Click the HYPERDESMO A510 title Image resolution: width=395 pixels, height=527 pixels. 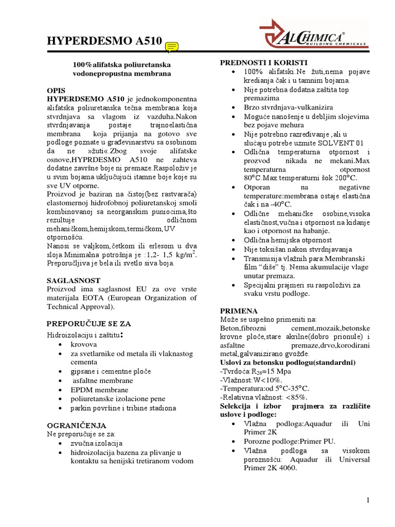coord(104,41)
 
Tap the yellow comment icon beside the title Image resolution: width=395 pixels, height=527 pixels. coord(172,47)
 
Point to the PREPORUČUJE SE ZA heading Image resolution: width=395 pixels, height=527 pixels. coord(89,324)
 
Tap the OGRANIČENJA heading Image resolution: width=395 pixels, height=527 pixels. coord(77,426)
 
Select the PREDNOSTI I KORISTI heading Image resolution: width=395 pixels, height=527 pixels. coord(264,62)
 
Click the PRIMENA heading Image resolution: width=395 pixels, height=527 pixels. coord(239,311)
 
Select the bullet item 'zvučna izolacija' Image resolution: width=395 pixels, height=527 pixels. coord(97,443)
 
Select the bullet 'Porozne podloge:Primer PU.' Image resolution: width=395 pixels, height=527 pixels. coord(290,442)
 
